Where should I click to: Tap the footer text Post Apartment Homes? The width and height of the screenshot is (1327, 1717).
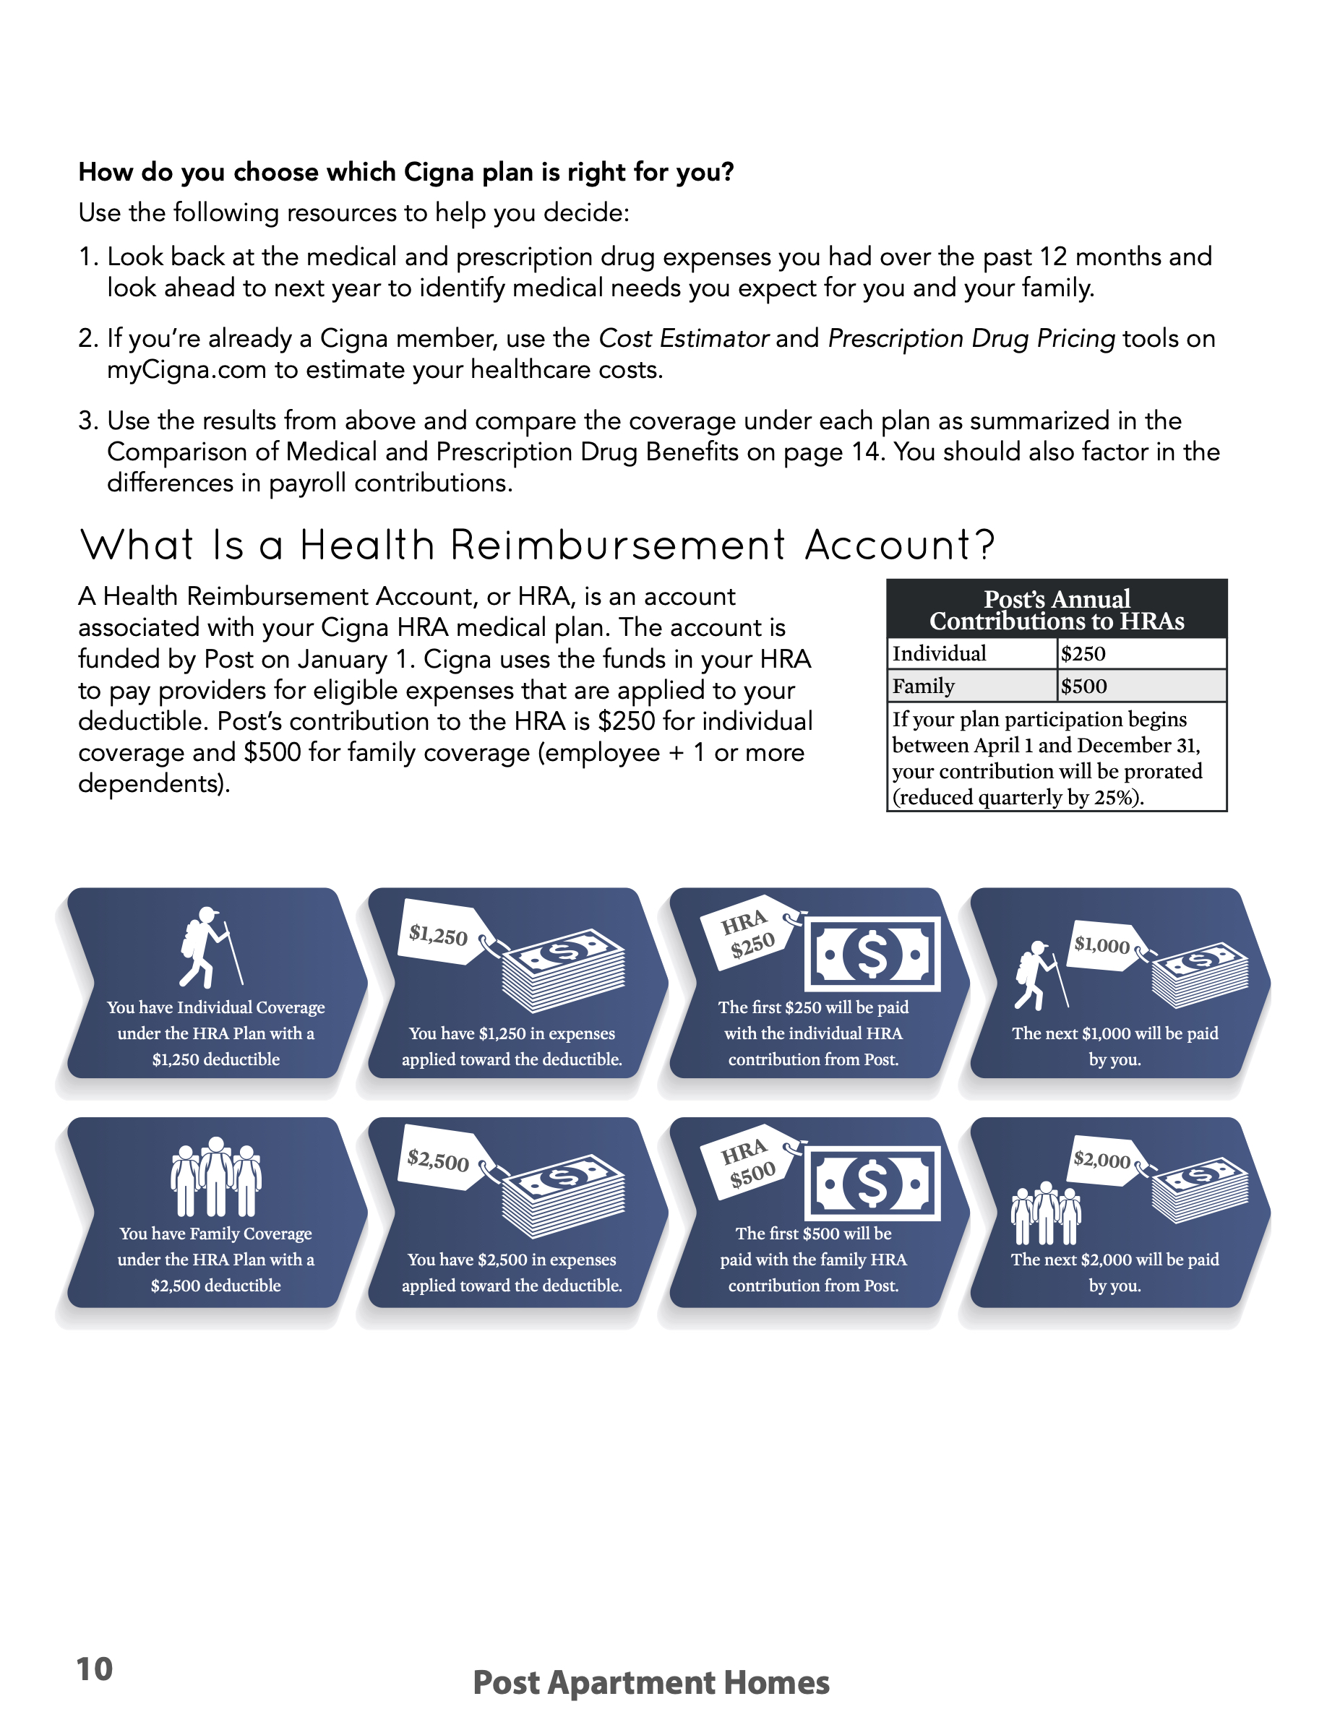(x=651, y=1682)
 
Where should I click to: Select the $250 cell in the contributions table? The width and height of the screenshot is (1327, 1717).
(x=1083, y=653)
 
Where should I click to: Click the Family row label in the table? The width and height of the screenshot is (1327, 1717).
(x=923, y=687)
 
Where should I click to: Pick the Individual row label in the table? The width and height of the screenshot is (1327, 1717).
(x=939, y=653)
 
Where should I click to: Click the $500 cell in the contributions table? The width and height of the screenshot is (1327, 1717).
(x=1083, y=687)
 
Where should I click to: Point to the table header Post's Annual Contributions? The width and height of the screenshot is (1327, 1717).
(x=1057, y=609)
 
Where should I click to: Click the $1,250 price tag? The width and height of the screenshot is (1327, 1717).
(x=439, y=935)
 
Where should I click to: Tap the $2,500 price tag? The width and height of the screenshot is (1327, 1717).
(x=438, y=1161)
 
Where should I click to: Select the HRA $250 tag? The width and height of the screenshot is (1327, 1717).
(x=747, y=933)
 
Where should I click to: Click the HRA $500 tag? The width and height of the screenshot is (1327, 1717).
(x=748, y=1163)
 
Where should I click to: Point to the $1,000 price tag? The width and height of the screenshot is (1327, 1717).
(x=1101, y=945)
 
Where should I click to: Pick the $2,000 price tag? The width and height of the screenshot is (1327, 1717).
(x=1101, y=1160)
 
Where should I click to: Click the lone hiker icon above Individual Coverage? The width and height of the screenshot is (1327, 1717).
(x=209, y=947)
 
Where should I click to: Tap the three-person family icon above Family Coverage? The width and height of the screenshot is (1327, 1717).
(x=215, y=1176)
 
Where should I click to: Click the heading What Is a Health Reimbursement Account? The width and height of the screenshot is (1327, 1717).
(x=538, y=545)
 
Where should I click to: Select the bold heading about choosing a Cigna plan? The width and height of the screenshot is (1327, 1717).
(x=405, y=172)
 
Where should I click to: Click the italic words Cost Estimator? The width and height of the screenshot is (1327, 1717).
(x=683, y=339)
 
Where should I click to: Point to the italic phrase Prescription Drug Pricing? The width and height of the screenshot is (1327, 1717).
(x=971, y=339)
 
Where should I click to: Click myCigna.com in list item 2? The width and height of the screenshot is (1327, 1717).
(x=186, y=370)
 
